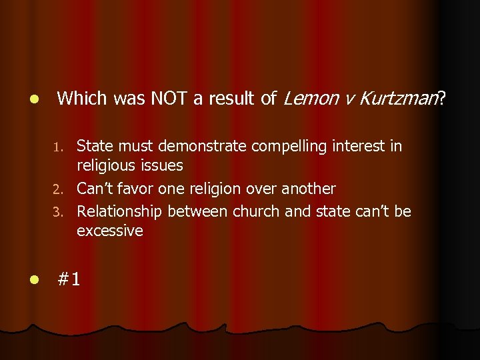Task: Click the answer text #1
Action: [x=69, y=279]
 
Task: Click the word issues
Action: [x=160, y=165]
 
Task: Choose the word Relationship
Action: [x=120, y=211]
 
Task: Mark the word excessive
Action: [x=110, y=231]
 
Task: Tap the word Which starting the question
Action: [x=82, y=99]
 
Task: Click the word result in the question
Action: [x=233, y=99]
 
